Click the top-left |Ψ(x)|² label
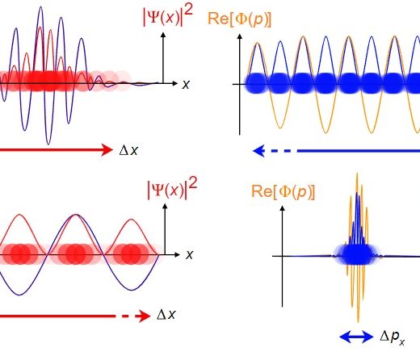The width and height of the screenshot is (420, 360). pos(168,16)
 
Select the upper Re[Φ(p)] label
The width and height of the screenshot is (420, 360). pos(239,19)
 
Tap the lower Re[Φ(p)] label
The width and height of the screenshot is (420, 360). pos(283,192)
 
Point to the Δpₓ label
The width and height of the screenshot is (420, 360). pos(393,337)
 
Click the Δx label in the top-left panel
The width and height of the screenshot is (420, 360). pos(128,150)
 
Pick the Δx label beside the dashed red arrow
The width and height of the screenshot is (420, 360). pos(166,315)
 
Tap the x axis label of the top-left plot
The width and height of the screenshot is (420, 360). pos(186,85)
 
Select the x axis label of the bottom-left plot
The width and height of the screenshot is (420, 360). pos(190,254)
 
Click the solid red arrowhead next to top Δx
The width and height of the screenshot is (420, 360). pos(107,150)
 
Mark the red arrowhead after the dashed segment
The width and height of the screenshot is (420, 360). pos(145,316)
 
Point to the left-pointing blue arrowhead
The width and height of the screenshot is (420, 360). pos(258,151)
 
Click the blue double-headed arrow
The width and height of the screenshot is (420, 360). pos(356,337)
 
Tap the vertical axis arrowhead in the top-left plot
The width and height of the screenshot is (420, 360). pos(163,35)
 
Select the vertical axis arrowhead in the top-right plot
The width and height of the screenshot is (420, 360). pos(240,36)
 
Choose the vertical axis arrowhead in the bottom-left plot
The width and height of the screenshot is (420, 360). pos(165,207)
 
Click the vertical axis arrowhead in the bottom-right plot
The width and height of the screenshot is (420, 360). pos(282,208)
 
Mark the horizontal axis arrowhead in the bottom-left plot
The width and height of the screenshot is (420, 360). pos(177,254)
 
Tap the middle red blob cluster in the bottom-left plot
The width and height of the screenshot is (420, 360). pos(76,254)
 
